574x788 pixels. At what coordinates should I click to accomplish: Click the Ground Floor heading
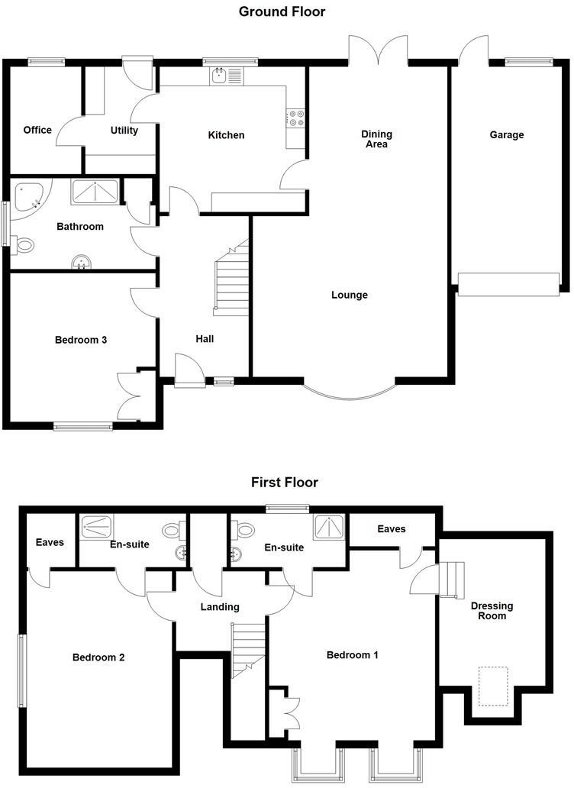282,11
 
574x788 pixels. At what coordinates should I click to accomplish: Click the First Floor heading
284,482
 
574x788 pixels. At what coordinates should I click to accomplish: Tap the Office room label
37,130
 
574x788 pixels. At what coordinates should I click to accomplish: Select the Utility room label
124,131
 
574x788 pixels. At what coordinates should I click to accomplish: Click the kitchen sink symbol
221,75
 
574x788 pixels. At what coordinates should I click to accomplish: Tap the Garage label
507,135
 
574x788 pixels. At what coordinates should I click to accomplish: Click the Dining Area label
375,139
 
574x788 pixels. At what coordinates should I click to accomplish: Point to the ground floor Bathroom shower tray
95,192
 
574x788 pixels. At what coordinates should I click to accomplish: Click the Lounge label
350,295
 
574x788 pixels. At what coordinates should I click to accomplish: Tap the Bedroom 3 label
80,340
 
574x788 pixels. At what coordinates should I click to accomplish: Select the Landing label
220,607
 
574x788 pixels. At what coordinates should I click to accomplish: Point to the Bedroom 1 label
353,654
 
